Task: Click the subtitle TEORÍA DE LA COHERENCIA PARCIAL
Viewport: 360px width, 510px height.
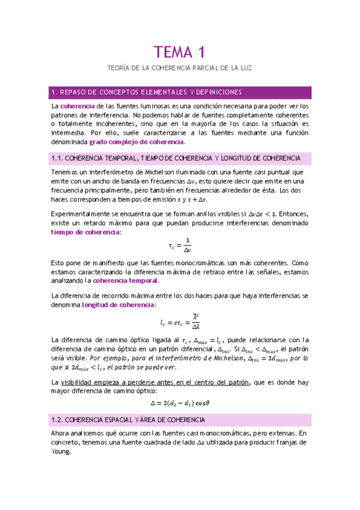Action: click(180, 70)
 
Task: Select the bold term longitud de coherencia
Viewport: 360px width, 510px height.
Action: click(117, 305)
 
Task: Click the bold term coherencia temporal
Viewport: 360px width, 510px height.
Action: click(126, 280)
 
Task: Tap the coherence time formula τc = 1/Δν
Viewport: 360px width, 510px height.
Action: click(180, 247)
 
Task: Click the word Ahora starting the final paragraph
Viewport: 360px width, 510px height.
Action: click(63, 433)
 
